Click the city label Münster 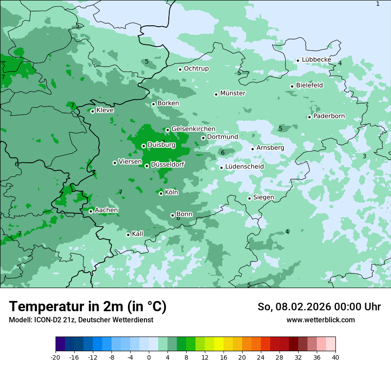tap(233, 93)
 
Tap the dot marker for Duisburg tap(144, 146)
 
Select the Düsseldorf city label tap(168, 164)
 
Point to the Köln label tap(172, 193)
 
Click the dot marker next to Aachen tap(91, 211)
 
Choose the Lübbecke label tap(316, 60)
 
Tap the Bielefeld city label tap(309, 85)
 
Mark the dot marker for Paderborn tap(309, 117)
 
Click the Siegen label tap(263, 197)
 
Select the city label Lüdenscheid tap(244, 167)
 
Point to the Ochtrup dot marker tap(180, 69)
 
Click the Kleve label tap(105, 110)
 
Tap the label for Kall tap(138, 234)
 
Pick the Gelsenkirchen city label tap(193, 129)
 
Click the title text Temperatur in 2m tap(88, 307)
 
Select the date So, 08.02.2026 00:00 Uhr tap(319, 307)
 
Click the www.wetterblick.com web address tap(320, 320)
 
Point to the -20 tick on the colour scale tap(56, 357)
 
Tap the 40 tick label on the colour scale tap(335, 357)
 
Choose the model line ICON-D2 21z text tap(81, 320)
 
